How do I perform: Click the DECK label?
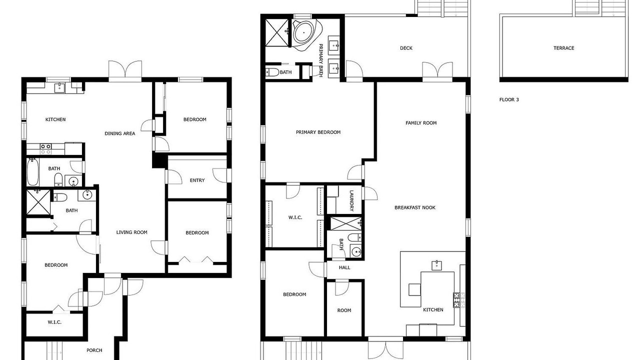(x=406, y=48)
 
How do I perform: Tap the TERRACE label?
(x=563, y=48)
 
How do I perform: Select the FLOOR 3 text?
(x=509, y=99)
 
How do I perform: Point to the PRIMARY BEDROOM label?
(x=318, y=132)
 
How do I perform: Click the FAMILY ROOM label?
(x=421, y=123)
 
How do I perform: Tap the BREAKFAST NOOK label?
(x=415, y=207)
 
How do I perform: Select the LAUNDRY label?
(x=351, y=200)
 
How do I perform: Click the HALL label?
(x=344, y=267)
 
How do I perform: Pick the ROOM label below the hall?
(x=344, y=310)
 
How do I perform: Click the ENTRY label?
(x=197, y=180)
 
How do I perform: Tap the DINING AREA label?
(x=119, y=133)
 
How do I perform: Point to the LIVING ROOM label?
(x=131, y=232)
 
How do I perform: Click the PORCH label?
(x=94, y=350)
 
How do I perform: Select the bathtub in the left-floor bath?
(x=32, y=172)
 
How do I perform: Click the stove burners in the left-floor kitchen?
(x=45, y=149)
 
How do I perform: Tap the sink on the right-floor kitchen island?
(x=437, y=265)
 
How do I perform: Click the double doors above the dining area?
(x=125, y=71)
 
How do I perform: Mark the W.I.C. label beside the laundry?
(x=295, y=217)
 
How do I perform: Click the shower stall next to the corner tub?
(x=277, y=32)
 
